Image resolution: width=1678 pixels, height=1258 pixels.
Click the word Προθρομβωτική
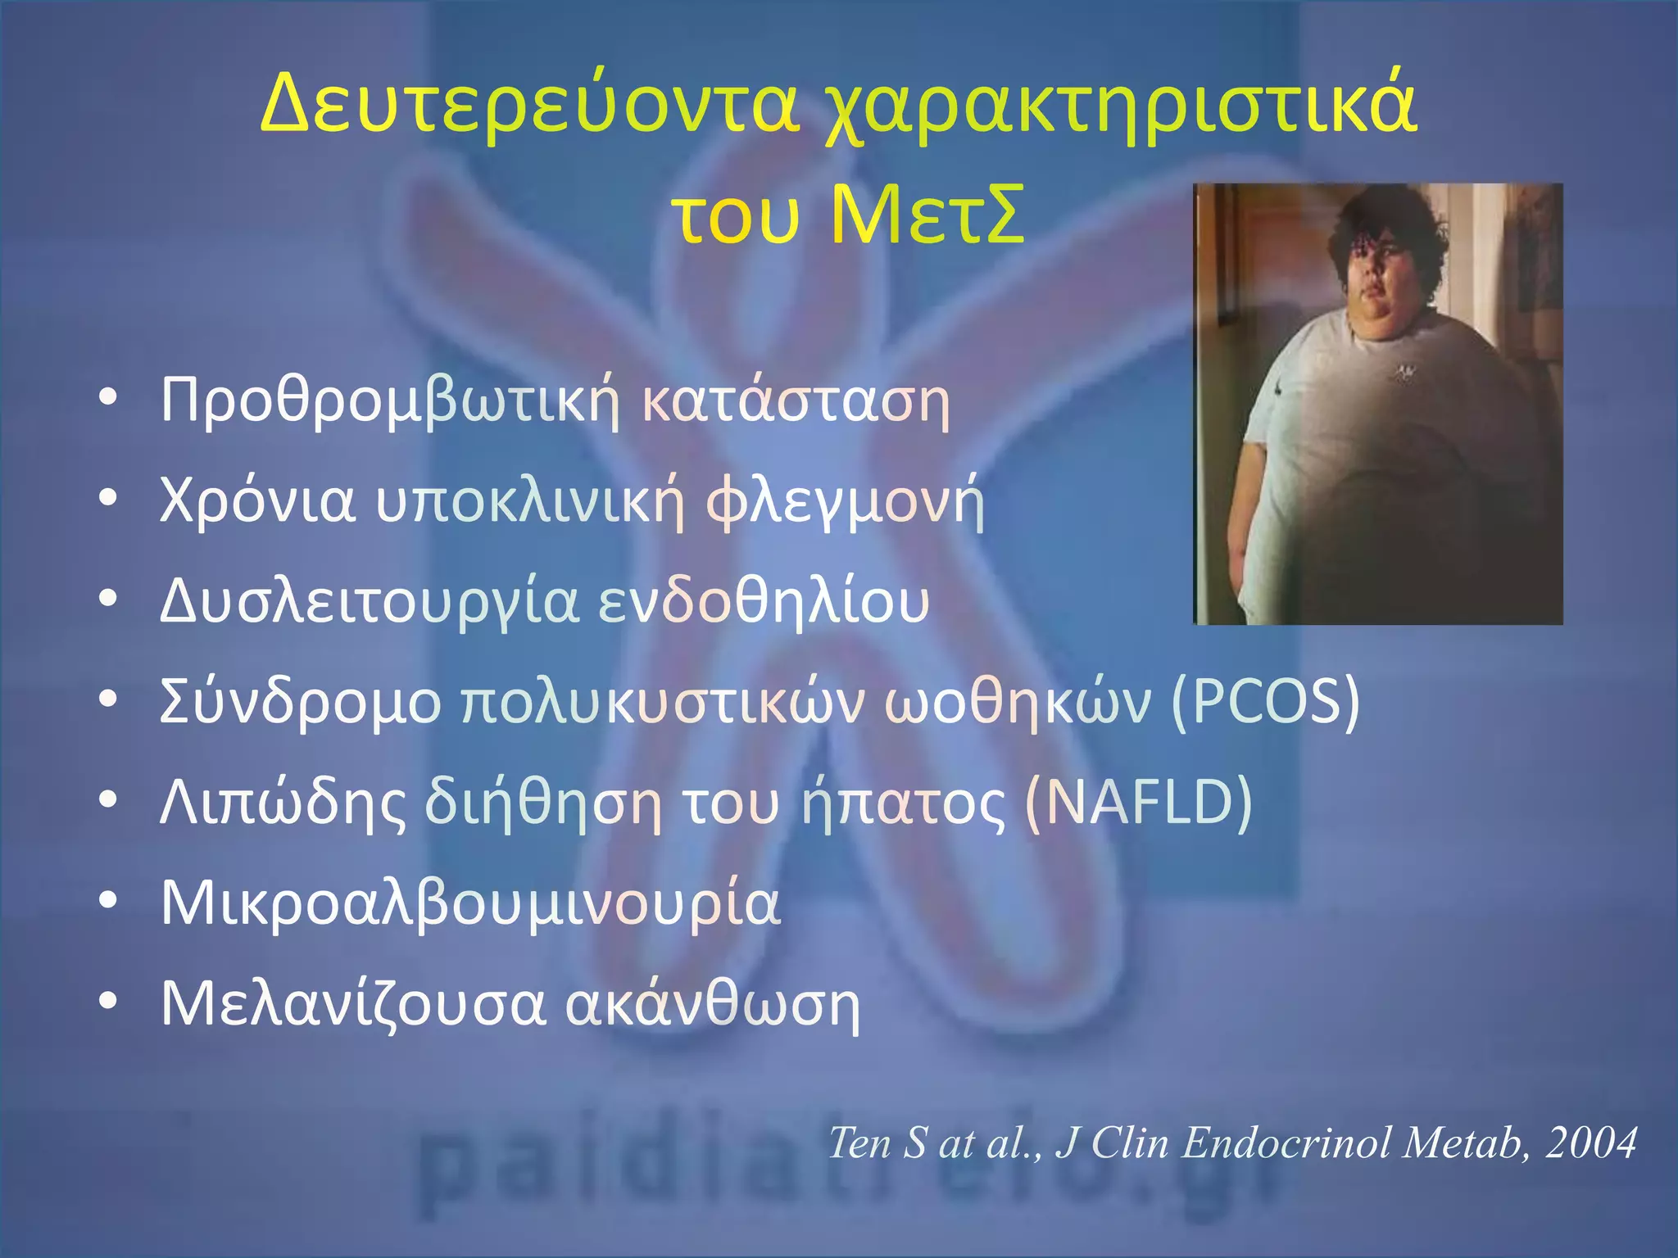[x=389, y=402]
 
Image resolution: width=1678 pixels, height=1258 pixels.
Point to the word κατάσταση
[x=795, y=402]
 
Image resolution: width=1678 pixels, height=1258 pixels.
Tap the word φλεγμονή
[x=845, y=502]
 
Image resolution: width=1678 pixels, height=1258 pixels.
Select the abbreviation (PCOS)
[x=1265, y=703]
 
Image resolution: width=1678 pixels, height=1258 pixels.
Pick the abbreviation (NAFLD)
[x=1138, y=803]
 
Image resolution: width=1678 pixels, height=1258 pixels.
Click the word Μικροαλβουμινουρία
[x=470, y=903]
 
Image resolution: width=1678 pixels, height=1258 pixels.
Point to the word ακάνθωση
[x=713, y=1004]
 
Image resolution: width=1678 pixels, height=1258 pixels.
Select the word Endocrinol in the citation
[x=1286, y=1143]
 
